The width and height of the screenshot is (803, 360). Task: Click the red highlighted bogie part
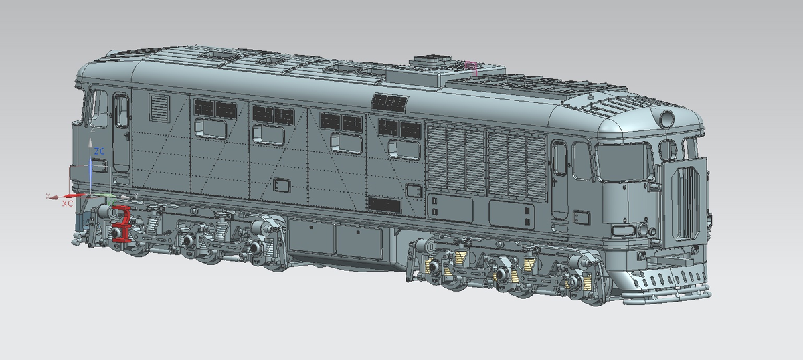coord(122,224)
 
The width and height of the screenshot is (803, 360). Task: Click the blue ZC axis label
coord(99,152)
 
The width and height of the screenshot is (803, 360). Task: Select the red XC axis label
coord(67,203)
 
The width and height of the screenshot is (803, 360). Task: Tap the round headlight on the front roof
coord(667,118)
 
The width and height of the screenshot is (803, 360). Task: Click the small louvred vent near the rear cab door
coord(159,106)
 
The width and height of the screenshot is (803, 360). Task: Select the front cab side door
coord(559,177)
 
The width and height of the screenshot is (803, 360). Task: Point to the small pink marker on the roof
coord(472,66)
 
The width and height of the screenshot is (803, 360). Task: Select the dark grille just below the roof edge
coord(389,102)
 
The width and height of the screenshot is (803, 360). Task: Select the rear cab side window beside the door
coord(99,107)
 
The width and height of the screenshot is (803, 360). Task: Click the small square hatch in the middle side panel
coord(282,184)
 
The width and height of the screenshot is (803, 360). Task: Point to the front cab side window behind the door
coord(582,161)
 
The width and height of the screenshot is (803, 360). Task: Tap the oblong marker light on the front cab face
coord(622,230)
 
